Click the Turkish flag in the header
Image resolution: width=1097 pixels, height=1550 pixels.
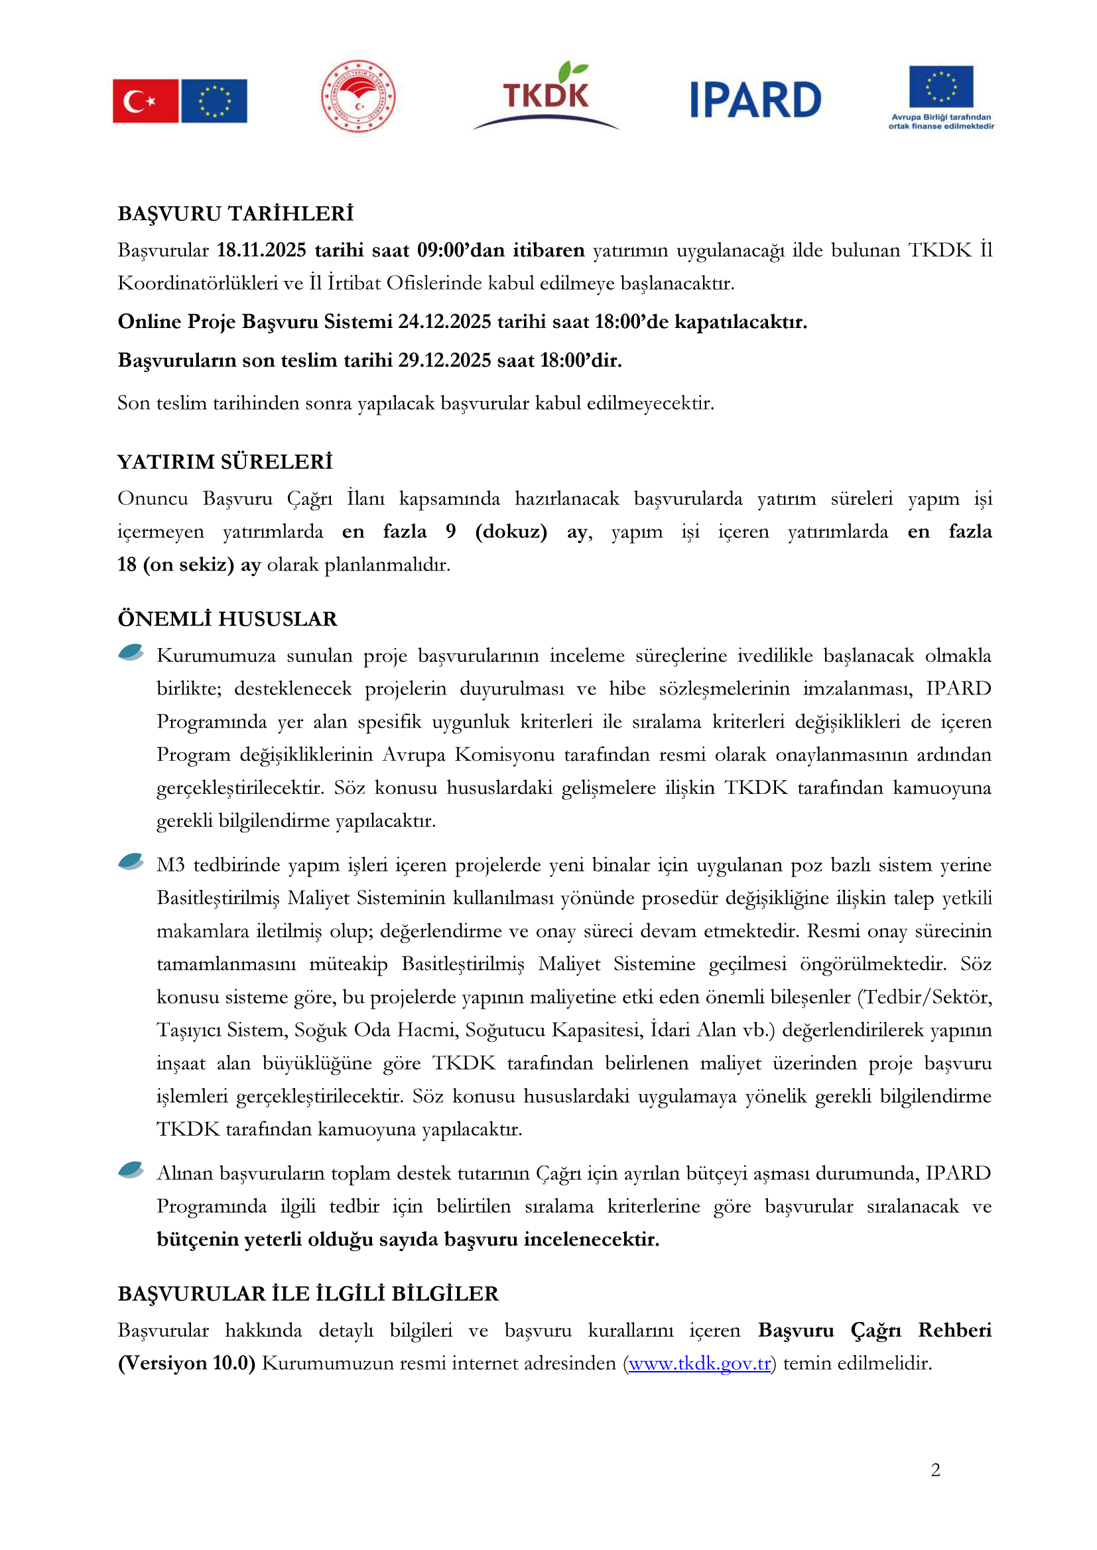click(x=145, y=101)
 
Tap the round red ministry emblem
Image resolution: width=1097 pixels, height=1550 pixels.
click(x=358, y=96)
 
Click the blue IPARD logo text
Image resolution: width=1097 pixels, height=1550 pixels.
click(x=755, y=100)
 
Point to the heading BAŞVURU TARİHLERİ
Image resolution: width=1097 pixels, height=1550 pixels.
click(x=235, y=213)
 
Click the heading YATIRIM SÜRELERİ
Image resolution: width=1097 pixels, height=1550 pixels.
click(x=225, y=462)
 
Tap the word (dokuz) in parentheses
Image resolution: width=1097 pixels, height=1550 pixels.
click(x=511, y=532)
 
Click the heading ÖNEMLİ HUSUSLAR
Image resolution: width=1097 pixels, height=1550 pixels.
click(x=227, y=619)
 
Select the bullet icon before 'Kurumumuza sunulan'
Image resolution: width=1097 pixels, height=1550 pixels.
click(x=131, y=652)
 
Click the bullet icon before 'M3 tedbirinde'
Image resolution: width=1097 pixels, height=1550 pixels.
click(x=131, y=861)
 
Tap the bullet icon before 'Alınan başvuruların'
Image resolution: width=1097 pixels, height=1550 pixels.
click(x=131, y=1170)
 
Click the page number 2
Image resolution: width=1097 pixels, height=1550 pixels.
click(x=936, y=1470)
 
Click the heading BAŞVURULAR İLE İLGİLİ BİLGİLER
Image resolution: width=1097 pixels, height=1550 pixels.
click(x=308, y=1294)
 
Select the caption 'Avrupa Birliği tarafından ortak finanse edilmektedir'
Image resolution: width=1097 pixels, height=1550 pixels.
click(x=941, y=121)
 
